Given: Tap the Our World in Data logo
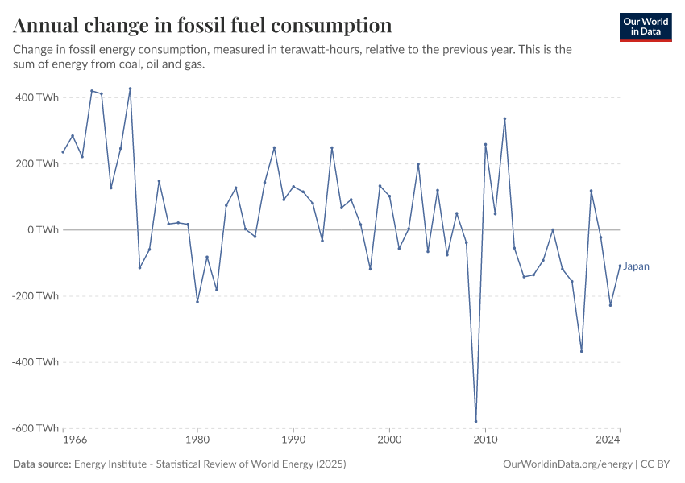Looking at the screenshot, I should coord(646,27).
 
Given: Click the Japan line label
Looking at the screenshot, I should coord(637,266).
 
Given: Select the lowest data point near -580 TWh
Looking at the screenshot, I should coord(475,421).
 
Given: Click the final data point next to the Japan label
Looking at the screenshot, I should coord(620,266).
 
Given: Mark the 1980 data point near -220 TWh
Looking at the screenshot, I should coord(197,302).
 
